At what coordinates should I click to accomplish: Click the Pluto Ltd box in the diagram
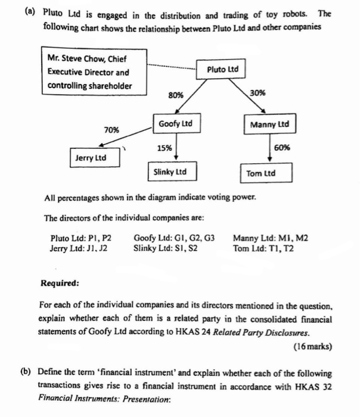(x=222, y=70)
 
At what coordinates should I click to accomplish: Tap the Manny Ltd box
(x=269, y=125)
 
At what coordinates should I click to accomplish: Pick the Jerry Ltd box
(x=94, y=158)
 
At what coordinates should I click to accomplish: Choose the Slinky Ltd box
(x=170, y=172)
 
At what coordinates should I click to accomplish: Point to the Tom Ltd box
(x=260, y=173)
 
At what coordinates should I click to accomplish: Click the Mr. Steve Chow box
(x=89, y=71)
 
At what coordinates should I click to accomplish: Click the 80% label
(x=176, y=95)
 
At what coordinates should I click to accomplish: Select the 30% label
(x=258, y=93)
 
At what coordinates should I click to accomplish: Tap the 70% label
(x=111, y=129)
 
